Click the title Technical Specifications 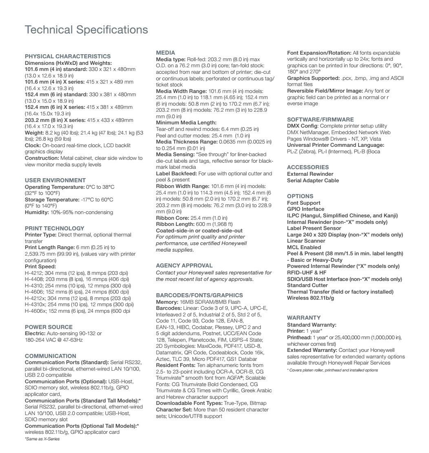pos(86,30)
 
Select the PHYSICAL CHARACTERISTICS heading pos(68,56)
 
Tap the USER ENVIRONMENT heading pos(55,180)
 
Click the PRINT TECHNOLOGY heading pos(55,228)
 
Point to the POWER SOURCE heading pos(49,327)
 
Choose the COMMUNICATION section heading pos(50,356)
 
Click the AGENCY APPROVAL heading pos(184,265)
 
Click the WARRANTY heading pos(304,317)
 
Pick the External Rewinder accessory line pos(311,174)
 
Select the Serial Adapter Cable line pos(313,180)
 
